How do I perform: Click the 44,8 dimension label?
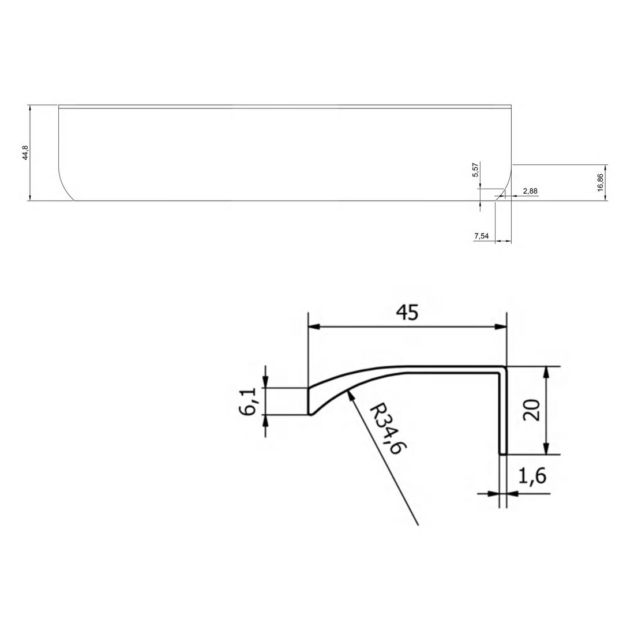click(25, 153)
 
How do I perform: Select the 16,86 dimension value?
click(600, 182)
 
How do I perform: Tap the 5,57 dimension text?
click(475, 170)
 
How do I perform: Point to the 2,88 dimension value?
click(530, 190)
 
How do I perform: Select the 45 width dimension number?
click(407, 312)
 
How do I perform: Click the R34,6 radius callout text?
click(385, 429)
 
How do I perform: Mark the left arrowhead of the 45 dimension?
click(311, 327)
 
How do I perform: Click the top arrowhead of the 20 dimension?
click(546, 369)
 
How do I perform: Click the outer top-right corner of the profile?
click(506, 366)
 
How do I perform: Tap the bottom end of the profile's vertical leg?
click(502, 453)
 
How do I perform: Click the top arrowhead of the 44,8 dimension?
click(29, 107)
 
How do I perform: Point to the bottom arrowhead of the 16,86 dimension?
click(605, 198)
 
